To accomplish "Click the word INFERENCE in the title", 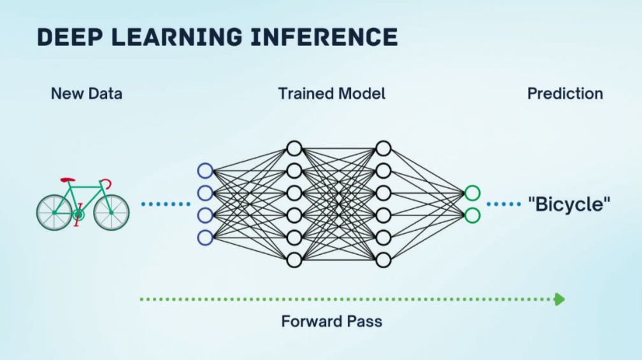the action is [324, 37].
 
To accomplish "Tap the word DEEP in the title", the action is [70, 37].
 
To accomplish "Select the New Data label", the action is [87, 94].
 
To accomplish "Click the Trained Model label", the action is [332, 94].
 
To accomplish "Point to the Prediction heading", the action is [565, 94].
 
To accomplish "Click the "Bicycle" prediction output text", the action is [569, 204].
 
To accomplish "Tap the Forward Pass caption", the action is [332, 322].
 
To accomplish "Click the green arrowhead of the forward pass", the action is [559, 299].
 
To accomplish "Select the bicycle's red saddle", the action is [68, 180].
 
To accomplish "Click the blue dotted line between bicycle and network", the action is [166, 204].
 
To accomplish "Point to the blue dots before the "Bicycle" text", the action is [504, 204].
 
